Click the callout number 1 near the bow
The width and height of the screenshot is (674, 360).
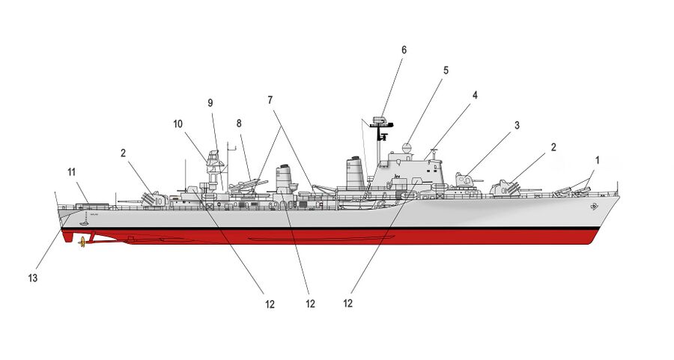pyautogui.click(x=597, y=160)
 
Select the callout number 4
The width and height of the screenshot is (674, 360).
pyautogui.click(x=474, y=95)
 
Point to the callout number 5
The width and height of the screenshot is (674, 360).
pyautogui.click(x=446, y=70)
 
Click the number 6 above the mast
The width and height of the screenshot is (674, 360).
pyautogui.click(x=404, y=50)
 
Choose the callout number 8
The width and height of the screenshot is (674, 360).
pyautogui.click(x=239, y=123)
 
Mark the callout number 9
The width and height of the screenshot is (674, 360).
pyautogui.click(x=210, y=103)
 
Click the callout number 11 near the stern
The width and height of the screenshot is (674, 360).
pyautogui.click(x=72, y=172)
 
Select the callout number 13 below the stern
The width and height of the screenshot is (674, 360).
pyautogui.click(x=33, y=278)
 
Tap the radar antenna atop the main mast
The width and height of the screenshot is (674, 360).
pyautogui.click(x=381, y=120)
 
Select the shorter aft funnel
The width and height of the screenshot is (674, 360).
pyautogui.click(x=284, y=178)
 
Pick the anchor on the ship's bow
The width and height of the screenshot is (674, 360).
pyautogui.click(x=594, y=205)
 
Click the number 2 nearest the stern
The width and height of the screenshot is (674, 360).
pyautogui.click(x=122, y=153)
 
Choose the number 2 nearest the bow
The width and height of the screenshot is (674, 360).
pyautogui.click(x=553, y=147)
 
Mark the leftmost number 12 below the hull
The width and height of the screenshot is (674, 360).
pyautogui.click(x=269, y=304)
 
